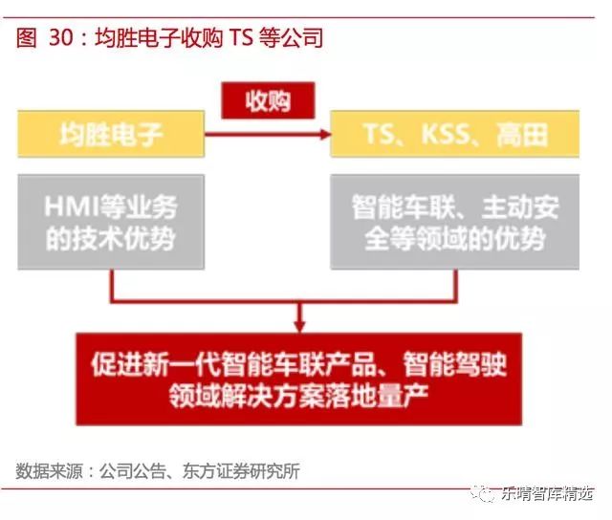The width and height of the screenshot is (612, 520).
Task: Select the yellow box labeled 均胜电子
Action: coord(110,135)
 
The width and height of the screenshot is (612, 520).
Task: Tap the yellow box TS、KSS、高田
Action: coord(454,135)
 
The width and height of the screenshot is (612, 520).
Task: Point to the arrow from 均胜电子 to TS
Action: coord(268,136)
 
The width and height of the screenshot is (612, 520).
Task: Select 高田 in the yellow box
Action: coord(522,136)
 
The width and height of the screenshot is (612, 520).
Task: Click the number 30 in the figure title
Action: coord(60,38)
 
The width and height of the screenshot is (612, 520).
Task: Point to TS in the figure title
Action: coord(239,38)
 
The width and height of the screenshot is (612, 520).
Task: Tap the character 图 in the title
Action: coord(27,38)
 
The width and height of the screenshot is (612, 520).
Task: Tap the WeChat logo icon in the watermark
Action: coord(491,494)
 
